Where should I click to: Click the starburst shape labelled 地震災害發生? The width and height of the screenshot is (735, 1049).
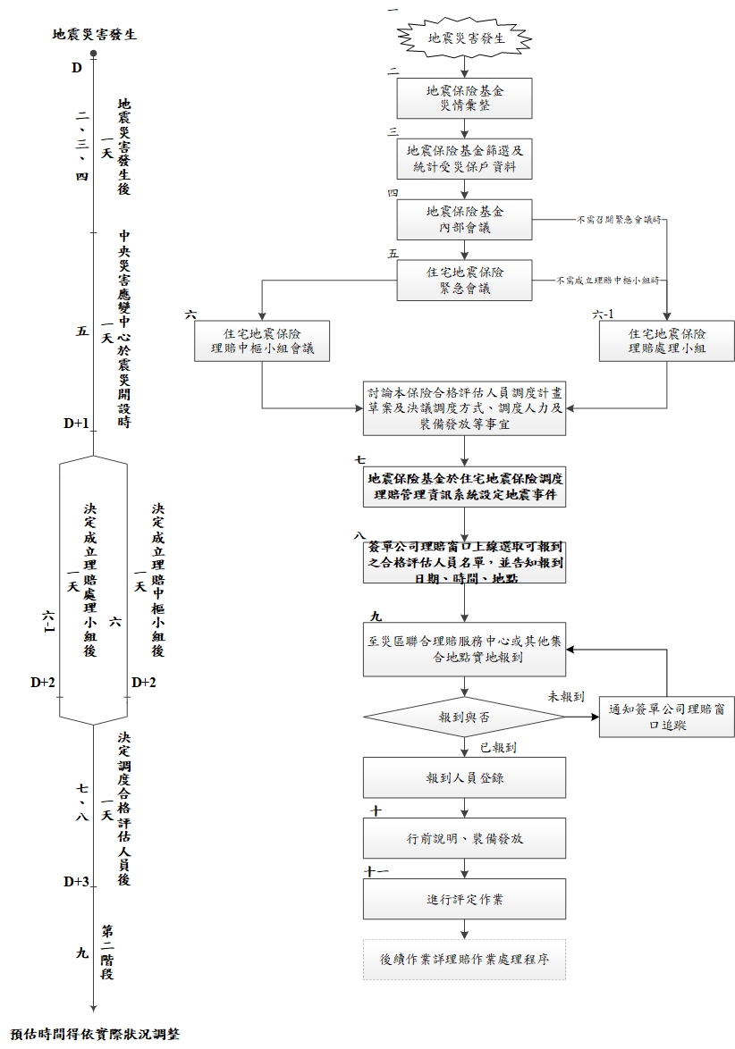(x=465, y=39)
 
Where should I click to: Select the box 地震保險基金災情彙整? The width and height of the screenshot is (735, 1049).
(x=465, y=97)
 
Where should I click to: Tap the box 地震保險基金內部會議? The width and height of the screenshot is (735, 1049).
(x=465, y=220)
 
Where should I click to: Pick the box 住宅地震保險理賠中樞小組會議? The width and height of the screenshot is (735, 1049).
(x=262, y=340)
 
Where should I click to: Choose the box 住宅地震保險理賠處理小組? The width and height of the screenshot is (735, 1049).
(x=667, y=340)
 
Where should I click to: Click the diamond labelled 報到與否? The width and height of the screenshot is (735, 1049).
(x=464, y=718)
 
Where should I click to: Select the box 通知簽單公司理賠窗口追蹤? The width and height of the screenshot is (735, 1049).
(x=667, y=718)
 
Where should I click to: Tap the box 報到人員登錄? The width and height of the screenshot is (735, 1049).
(x=465, y=777)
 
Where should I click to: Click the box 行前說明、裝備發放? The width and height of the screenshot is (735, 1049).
(x=465, y=839)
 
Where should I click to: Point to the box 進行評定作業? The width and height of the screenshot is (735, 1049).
(x=465, y=899)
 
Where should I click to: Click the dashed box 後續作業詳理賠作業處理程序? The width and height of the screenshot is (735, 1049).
(x=465, y=960)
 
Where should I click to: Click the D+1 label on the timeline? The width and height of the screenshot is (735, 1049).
(x=76, y=424)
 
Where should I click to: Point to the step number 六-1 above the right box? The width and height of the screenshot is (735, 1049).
(x=604, y=315)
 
